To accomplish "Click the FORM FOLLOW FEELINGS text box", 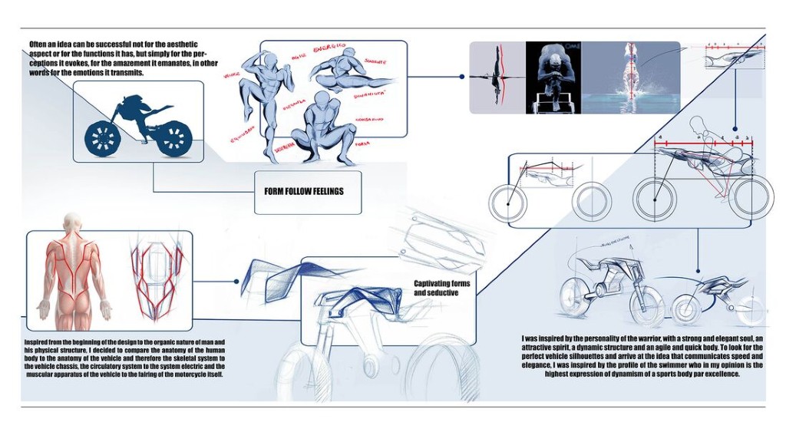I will tap(307, 190).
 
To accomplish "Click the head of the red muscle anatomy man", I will tap(71, 223).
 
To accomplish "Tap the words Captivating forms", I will tap(441, 284).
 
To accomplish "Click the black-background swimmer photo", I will tap(553, 78).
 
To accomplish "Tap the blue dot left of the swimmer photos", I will tap(461, 78).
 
